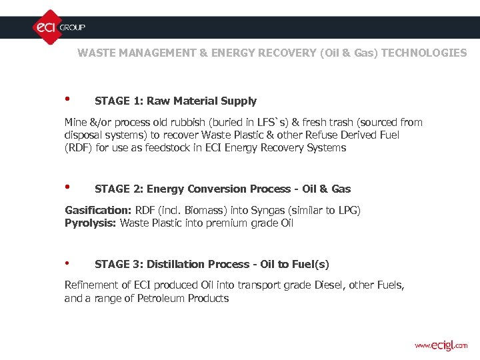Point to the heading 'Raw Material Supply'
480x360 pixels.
coord(201,101)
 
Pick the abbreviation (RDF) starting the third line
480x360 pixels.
coord(77,148)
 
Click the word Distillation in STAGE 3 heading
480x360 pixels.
coord(174,265)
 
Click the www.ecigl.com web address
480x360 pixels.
coord(441,345)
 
